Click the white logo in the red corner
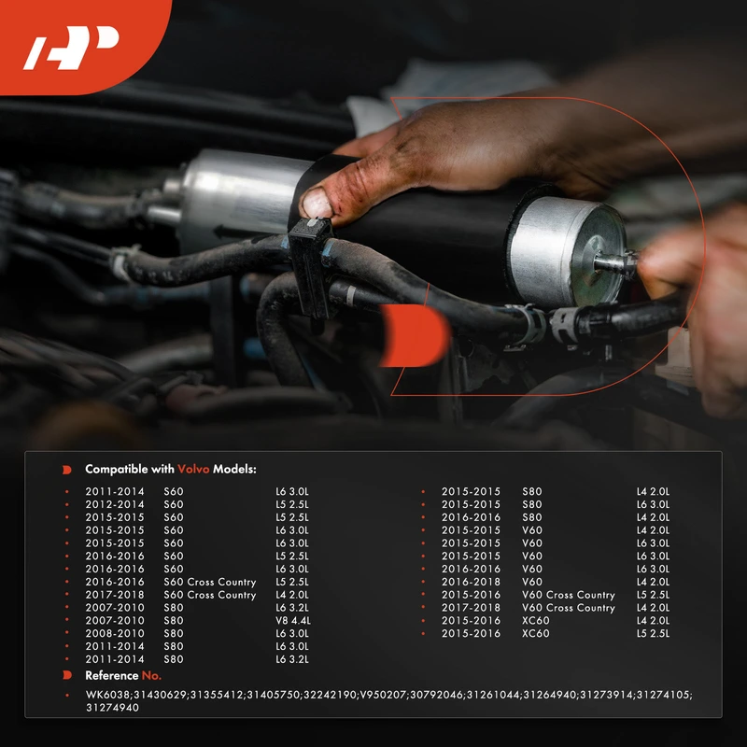[72, 48]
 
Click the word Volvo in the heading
[193, 470]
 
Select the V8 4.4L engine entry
[293, 620]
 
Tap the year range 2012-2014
[114, 504]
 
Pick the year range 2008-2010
[114, 633]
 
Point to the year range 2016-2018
[471, 582]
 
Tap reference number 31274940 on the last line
[112, 708]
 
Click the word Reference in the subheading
[111, 675]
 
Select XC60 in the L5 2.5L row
[535, 633]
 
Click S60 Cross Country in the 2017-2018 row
[209, 595]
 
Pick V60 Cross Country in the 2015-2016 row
[569, 595]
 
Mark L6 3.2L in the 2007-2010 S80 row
[292, 608]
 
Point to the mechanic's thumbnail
[317, 204]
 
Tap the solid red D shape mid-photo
[416, 336]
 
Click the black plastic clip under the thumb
[312, 268]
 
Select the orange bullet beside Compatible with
[66, 470]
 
